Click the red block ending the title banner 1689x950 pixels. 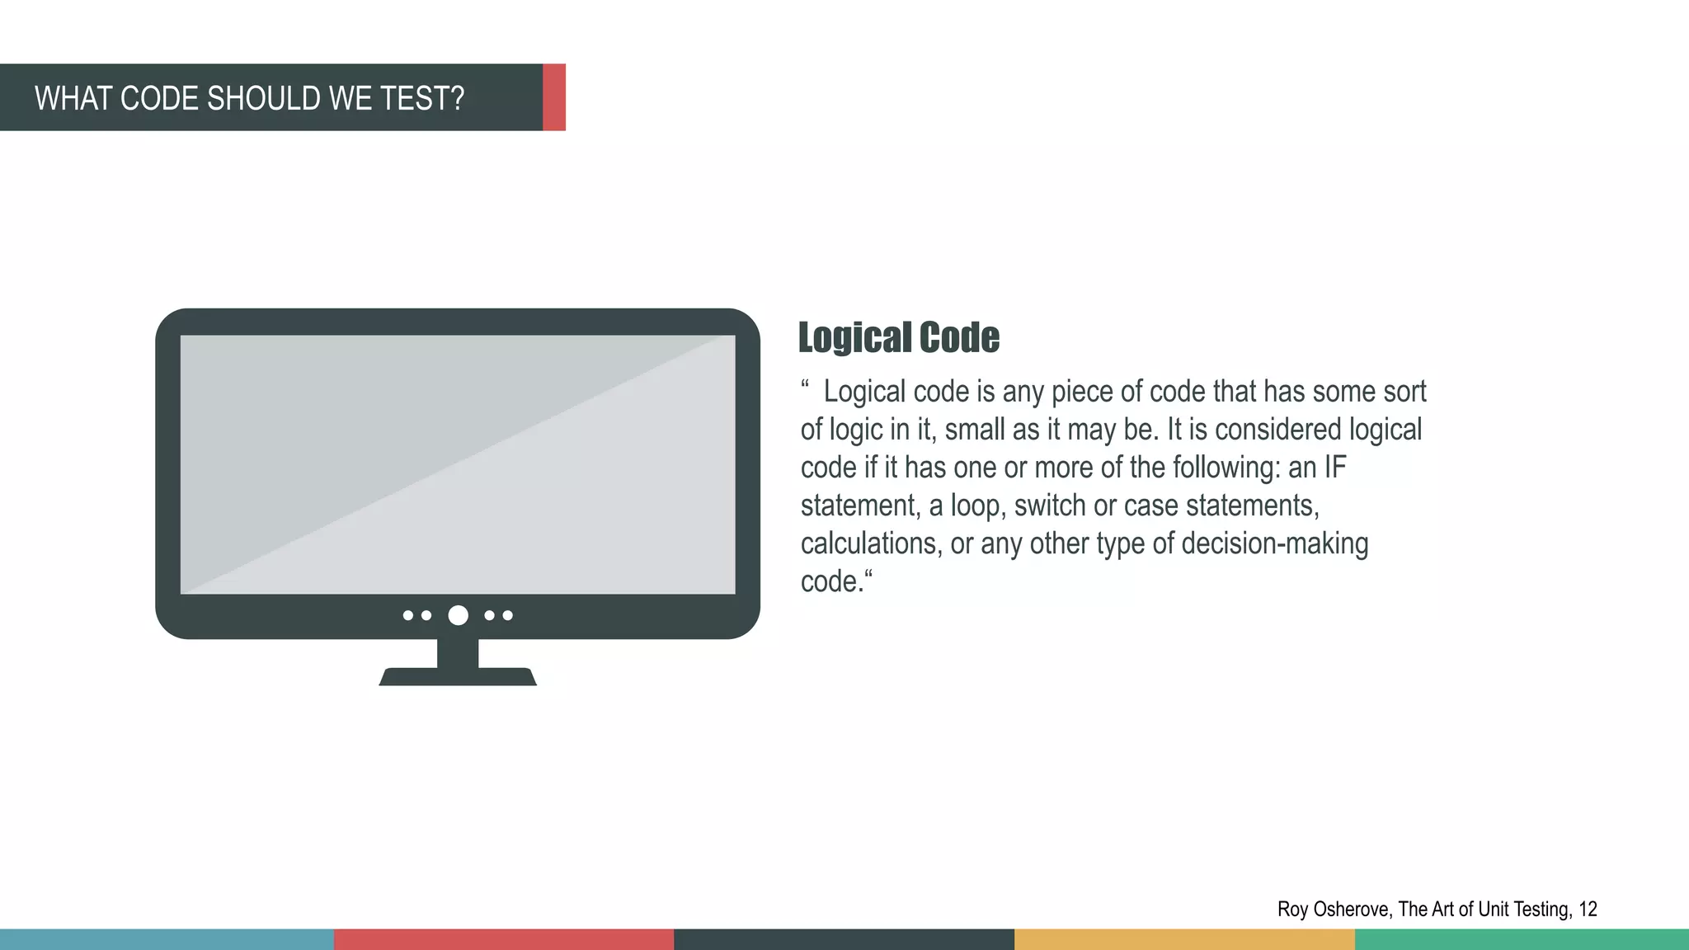[554, 97]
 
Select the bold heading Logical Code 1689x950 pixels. [899, 338]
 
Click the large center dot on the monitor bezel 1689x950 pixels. [458, 615]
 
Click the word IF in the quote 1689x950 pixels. [1335, 468]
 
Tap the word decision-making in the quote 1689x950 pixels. [1275, 543]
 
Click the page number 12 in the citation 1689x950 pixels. [1588, 909]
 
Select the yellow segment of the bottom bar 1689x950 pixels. [1184, 939]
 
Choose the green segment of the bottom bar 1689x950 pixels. [1522, 939]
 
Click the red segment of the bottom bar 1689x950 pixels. [504, 939]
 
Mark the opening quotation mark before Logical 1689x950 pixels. [805, 384]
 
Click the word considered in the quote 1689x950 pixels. [1277, 430]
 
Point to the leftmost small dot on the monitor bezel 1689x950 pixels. [407, 615]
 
